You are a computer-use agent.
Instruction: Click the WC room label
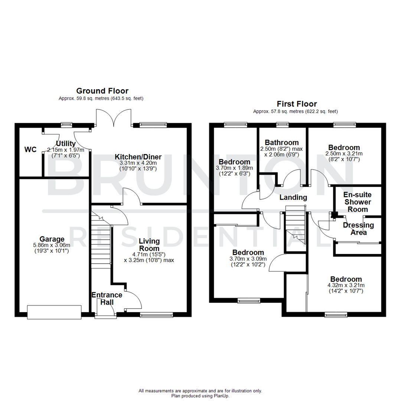click(30, 150)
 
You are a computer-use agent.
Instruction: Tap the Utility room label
click(66, 144)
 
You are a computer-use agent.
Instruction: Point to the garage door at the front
click(54, 312)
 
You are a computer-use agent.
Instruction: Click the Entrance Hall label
click(107, 299)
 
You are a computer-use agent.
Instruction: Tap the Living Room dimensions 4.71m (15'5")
click(149, 255)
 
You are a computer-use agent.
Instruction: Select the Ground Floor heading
click(102, 91)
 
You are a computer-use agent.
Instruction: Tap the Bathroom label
click(281, 143)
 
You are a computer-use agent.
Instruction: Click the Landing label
click(293, 198)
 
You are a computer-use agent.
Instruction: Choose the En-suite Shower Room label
click(358, 202)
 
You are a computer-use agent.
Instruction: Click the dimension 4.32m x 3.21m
click(346, 286)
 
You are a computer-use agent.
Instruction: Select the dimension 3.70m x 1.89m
click(234, 168)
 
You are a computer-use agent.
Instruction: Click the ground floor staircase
click(101, 241)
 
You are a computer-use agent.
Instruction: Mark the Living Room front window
click(156, 315)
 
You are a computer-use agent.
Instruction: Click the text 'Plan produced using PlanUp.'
click(200, 396)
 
